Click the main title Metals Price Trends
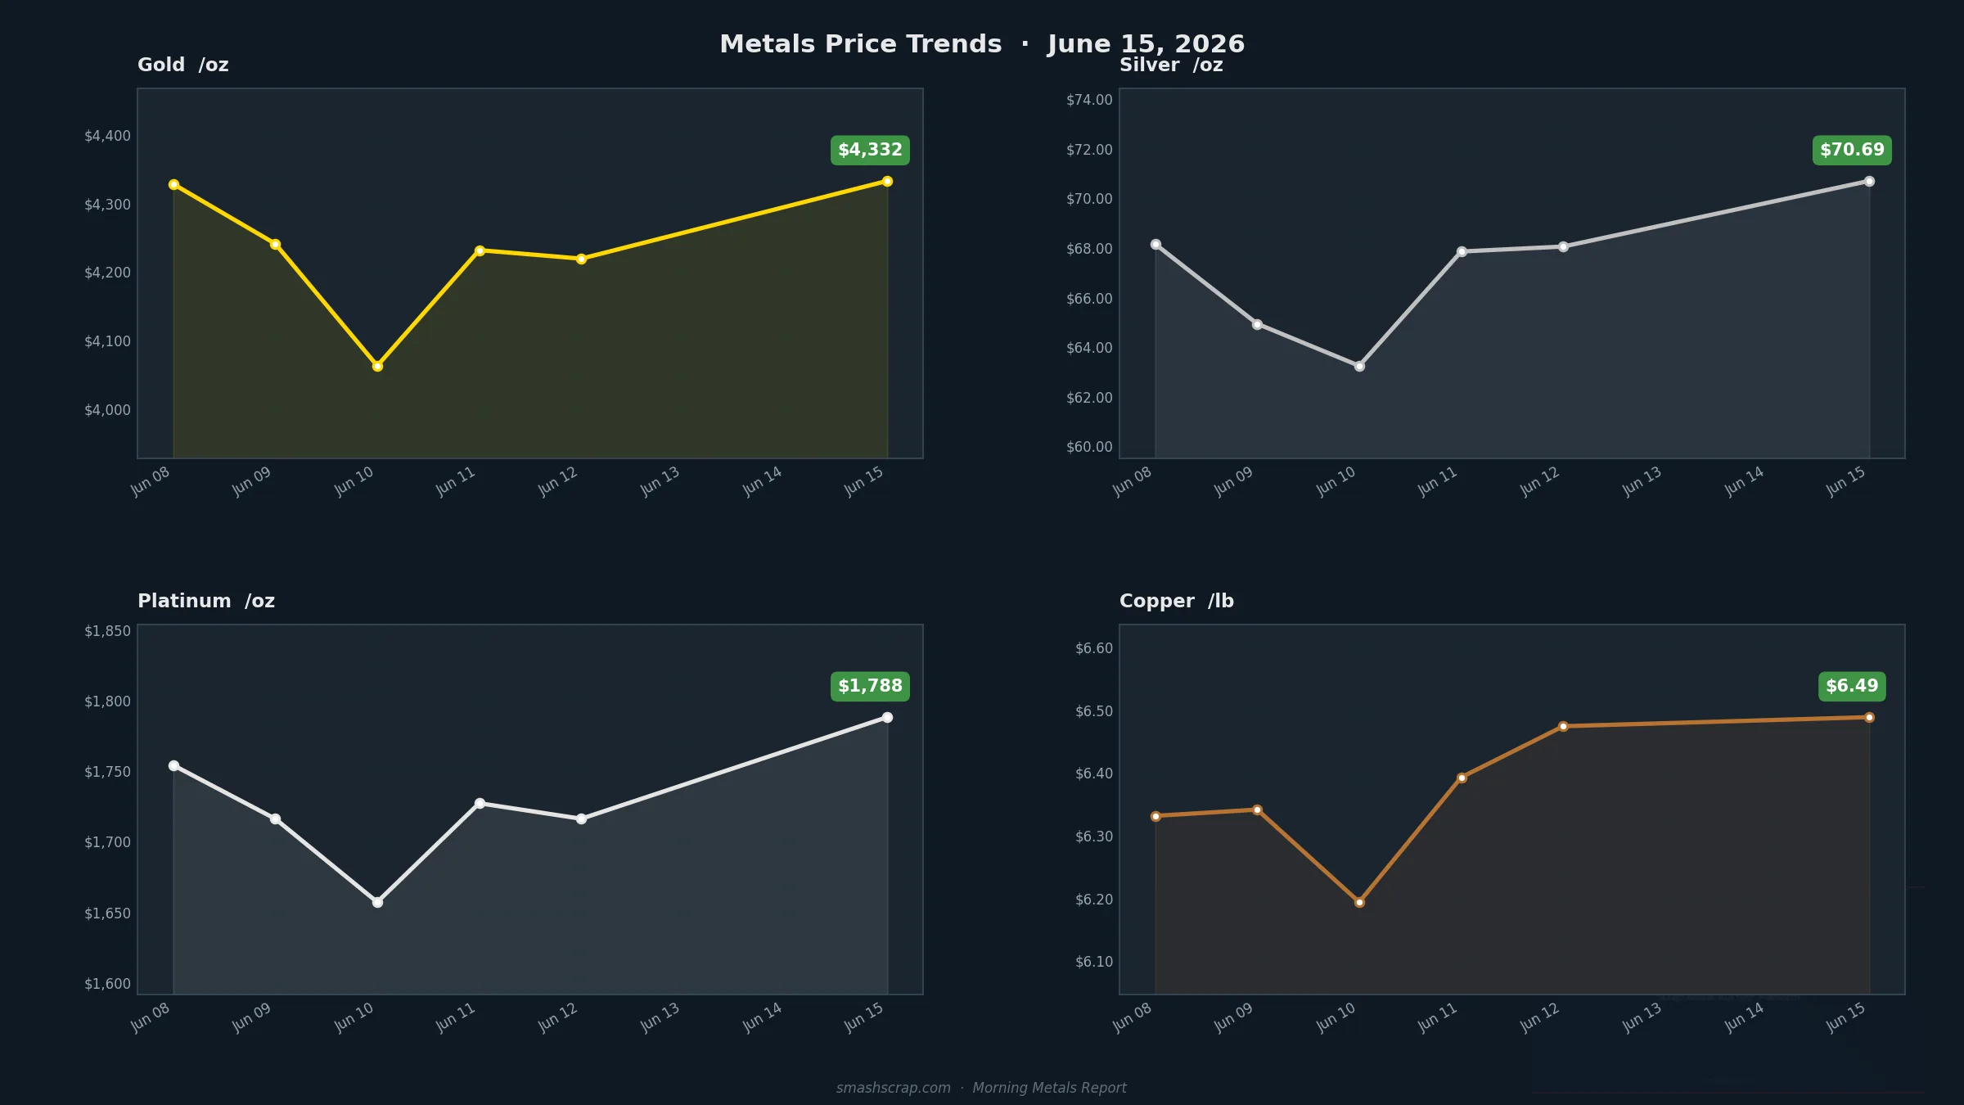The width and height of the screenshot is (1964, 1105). point(860,44)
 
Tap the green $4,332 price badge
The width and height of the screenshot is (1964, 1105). point(870,150)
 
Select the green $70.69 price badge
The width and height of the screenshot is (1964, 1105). point(1852,150)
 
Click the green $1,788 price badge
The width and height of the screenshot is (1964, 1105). point(870,686)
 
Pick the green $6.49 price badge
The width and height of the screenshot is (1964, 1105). point(1852,686)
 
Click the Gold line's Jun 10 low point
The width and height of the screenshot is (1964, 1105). point(377,366)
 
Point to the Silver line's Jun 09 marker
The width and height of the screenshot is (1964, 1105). point(1257,324)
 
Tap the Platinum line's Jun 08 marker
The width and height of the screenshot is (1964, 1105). point(173,765)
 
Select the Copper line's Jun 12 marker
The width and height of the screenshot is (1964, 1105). point(1563,726)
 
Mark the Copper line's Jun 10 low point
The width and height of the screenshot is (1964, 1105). point(1359,902)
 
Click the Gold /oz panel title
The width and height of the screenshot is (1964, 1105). point(183,65)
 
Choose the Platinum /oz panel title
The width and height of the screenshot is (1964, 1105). point(206,601)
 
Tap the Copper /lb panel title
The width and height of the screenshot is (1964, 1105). point(1177,601)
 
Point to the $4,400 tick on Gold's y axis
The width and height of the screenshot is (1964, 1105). point(107,136)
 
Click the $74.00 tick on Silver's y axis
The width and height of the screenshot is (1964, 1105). point(1089,100)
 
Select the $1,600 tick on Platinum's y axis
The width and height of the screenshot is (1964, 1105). point(107,984)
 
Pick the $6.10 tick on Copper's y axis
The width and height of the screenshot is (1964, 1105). point(1094,962)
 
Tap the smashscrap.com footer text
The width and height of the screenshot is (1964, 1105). point(893,1088)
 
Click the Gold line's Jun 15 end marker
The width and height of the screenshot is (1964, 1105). point(887,181)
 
